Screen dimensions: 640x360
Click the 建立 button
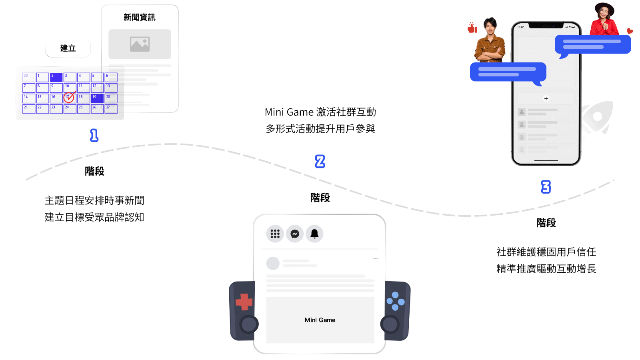pos(68,48)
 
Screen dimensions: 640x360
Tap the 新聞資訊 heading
pos(140,18)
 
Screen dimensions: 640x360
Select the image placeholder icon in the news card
pos(140,44)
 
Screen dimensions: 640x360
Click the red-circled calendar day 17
pos(69,98)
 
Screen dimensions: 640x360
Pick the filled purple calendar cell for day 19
pos(97,98)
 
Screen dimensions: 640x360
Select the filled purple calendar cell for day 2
pos(56,77)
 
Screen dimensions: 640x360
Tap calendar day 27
pos(111,109)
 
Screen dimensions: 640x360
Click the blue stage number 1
pos(94,136)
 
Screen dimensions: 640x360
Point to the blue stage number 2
pos(320,162)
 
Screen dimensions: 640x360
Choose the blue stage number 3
pos(546,187)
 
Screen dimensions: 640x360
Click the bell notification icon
pos(314,234)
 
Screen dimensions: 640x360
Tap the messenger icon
pos(294,234)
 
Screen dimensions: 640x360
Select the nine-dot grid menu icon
pos(275,234)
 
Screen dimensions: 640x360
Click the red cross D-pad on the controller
pos(244,302)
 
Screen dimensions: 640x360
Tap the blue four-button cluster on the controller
pos(396,301)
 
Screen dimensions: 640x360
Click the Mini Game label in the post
pos(320,320)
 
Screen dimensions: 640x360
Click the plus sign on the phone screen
pos(546,98)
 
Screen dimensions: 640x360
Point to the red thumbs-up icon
pos(472,28)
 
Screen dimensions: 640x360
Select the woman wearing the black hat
pos(604,19)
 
